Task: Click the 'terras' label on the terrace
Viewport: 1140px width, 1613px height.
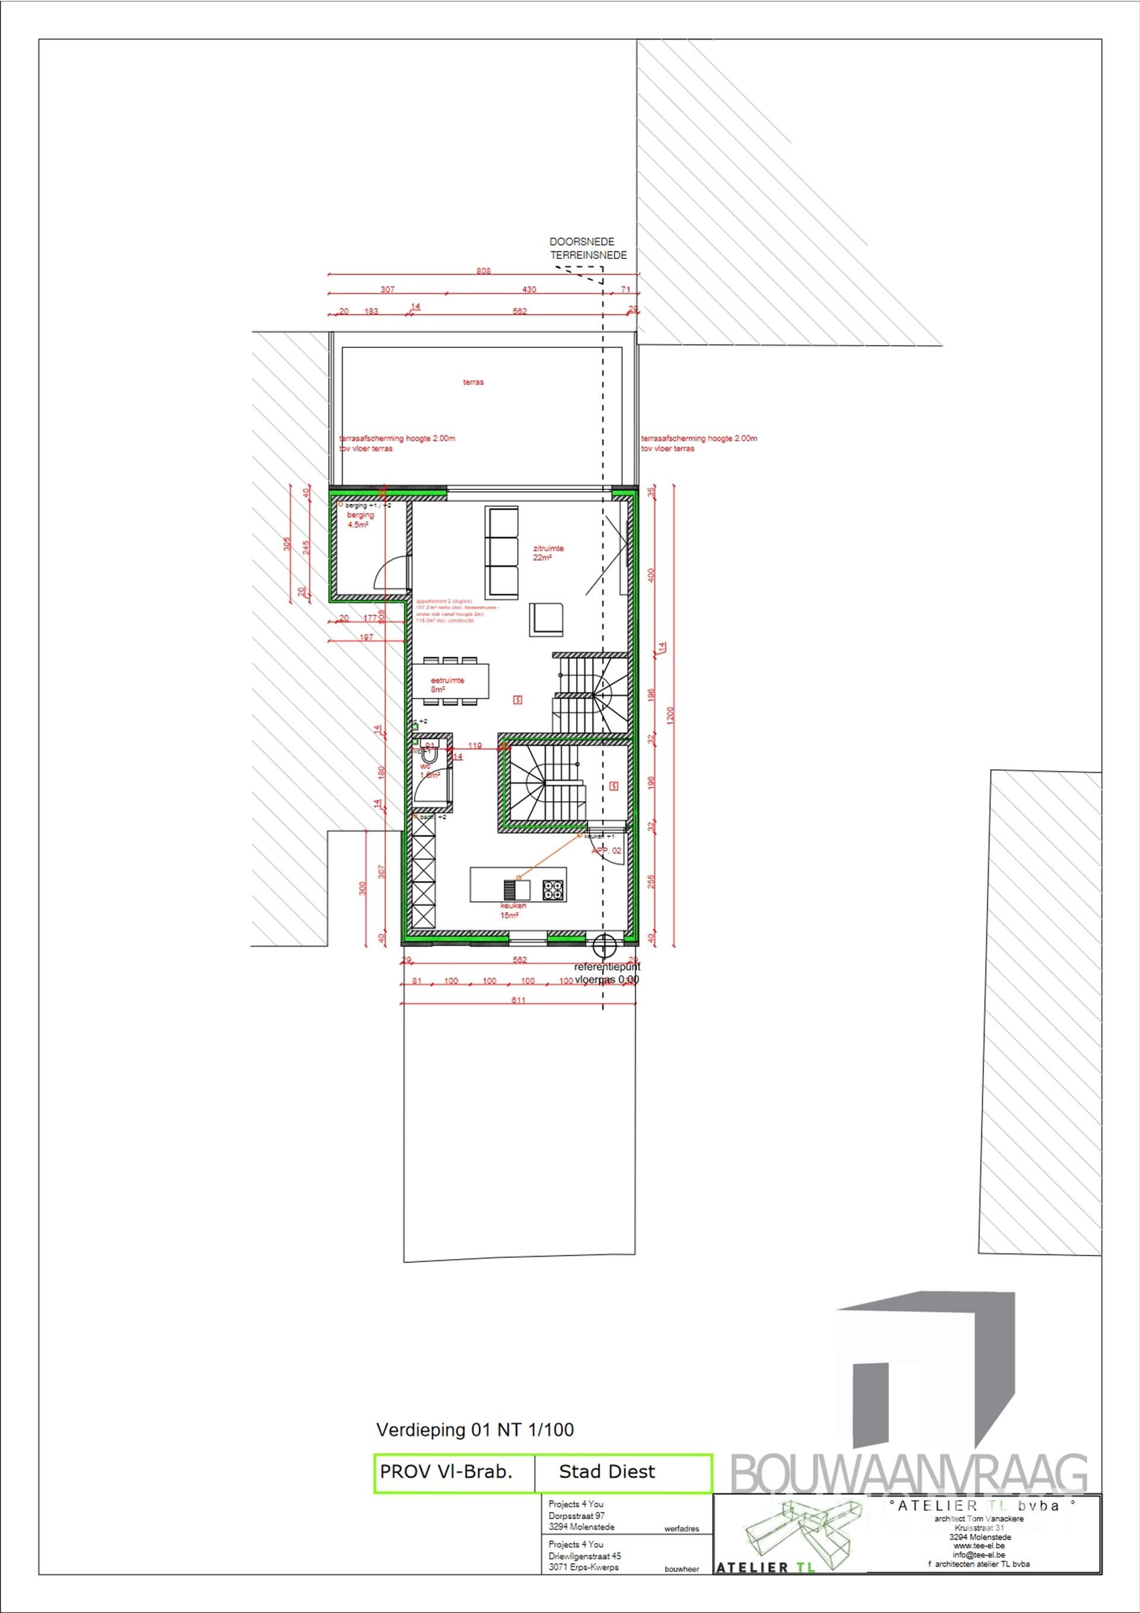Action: point(473,382)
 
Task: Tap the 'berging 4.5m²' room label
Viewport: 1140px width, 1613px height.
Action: point(360,519)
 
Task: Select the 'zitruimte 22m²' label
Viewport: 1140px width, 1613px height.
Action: point(549,552)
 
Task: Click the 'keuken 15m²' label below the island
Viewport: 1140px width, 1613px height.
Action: point(509,910)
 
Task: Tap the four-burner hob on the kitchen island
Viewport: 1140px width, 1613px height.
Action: point(553,890)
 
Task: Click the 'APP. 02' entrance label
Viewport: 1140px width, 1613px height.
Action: point(606,851)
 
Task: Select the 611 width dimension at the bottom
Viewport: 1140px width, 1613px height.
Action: point(518,1000)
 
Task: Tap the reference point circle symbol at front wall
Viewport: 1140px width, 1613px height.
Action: point(603,945)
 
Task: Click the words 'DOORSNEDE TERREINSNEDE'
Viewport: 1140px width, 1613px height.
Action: point(588,249)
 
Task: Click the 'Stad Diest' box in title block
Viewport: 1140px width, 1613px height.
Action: point(607,1472)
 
